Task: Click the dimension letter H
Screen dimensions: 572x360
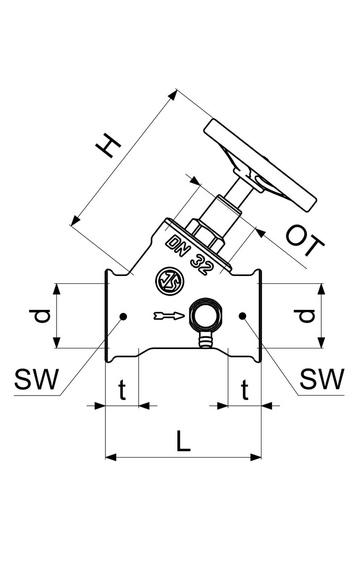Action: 108,146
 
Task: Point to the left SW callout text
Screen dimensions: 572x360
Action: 34,379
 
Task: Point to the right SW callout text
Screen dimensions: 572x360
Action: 322,379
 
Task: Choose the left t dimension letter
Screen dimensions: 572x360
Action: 122,391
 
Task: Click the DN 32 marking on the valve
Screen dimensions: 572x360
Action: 191,254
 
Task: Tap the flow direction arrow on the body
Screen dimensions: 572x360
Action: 168,316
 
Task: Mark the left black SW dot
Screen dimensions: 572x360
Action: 123,316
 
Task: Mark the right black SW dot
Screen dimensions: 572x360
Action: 242,316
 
